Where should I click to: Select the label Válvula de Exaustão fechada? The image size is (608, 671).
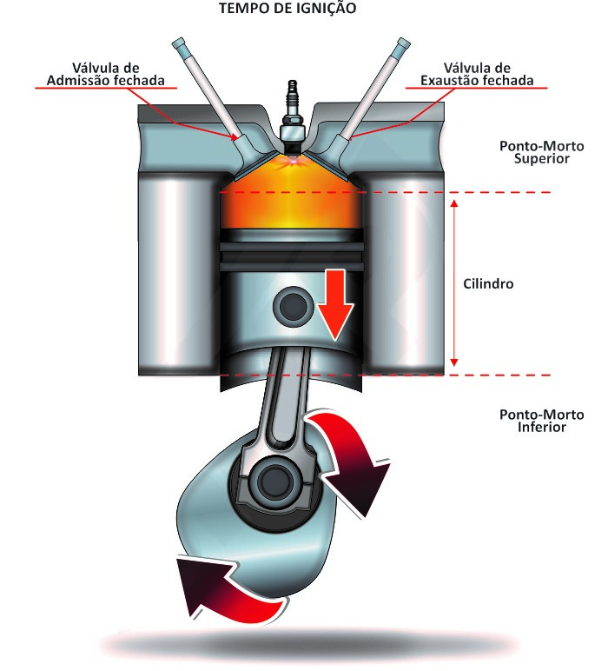(475, 75)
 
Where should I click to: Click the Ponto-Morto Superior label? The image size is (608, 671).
(534, 151)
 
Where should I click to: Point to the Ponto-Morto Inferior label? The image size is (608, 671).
(534, 421)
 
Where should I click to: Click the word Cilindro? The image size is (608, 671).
(488, 284)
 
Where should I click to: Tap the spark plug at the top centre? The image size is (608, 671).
(291, 109)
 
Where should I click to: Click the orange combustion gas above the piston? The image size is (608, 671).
(291, 204)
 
